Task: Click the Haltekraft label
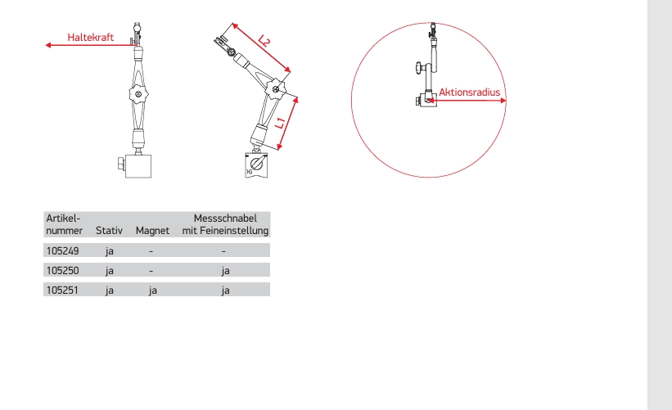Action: pos(90,38)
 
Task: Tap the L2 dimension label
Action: pos(264,41)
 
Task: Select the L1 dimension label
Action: pos(280,123)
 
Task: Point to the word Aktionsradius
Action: pos(469,92)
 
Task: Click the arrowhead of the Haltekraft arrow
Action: pos(48,45)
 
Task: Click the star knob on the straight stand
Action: pos(138,94)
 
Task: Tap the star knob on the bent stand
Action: pos(276,89)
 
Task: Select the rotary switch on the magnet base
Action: pos(257,164)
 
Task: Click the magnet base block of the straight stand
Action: pos(138,166)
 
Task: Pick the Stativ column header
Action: pos(109,231)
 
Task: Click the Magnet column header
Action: pos(152,231)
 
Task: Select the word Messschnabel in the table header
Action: pos(225,218)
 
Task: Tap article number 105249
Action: pos(62,250)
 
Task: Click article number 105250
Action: pos(62,270)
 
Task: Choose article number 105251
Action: pos(62,290)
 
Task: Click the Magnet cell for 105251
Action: pos(152,291)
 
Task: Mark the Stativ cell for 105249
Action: pos(110,251)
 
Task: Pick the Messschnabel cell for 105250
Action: pos(225,271)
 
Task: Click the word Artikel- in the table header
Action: pos(63,218)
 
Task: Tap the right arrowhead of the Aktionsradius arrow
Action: pos(503,101)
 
